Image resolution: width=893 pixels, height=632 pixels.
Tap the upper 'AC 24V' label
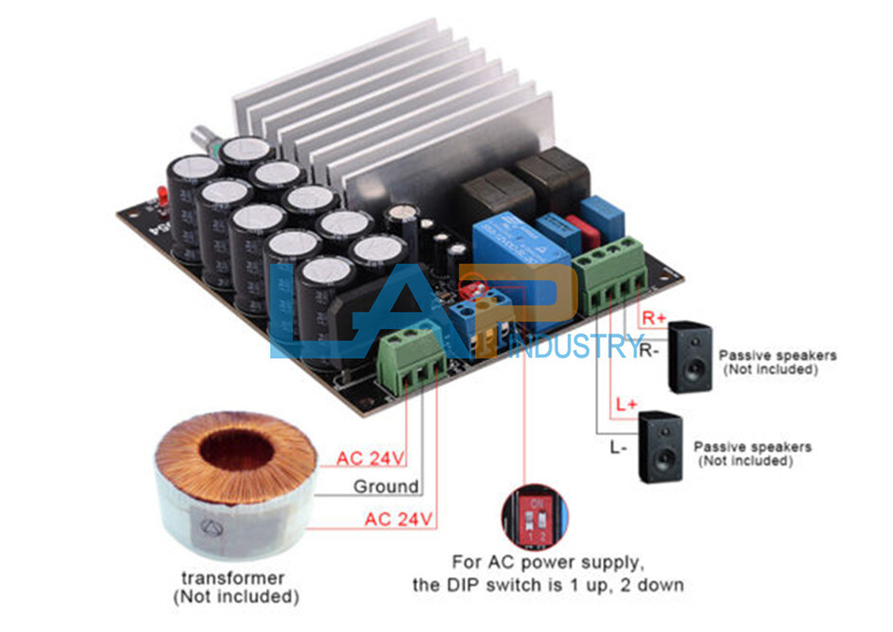pyautogui.click(x=371, y=459)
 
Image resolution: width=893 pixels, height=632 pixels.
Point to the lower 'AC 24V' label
pyautogui.click(x=398, y=519)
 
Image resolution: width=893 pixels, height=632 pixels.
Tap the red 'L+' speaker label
pyautogui.click(x=626, y=405)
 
